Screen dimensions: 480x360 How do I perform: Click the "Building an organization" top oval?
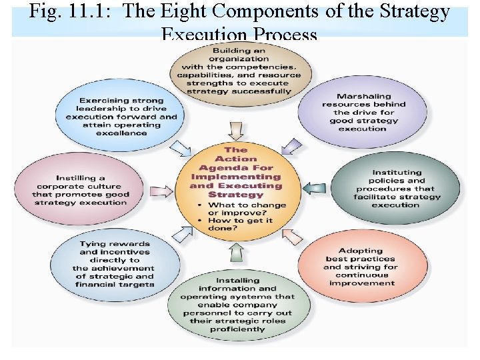tap(239, 71)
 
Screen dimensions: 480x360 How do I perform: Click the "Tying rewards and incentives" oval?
tap(115, 264)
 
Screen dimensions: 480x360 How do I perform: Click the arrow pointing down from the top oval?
tap(235, 130)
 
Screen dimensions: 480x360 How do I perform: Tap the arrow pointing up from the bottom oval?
tap(236, 251)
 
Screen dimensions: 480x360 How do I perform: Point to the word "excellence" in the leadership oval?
tap(121, 133)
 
